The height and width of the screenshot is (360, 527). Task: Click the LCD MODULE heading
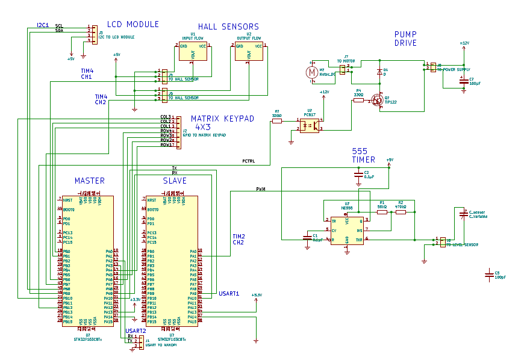coord(133,24)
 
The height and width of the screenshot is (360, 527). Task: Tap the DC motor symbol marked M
coord(311,72)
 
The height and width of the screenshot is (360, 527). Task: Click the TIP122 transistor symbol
coord(378,99)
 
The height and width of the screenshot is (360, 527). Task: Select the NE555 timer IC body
coord(347,229)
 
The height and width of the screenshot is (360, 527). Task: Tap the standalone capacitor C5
coord(488,275)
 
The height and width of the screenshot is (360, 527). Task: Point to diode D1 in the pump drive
coord(379,72)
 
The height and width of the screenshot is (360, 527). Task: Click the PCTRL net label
coord(248,161)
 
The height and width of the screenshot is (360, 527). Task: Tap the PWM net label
coord(261,189)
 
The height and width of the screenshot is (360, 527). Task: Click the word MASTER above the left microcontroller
coord(89,181)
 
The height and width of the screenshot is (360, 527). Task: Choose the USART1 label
coord(229,294)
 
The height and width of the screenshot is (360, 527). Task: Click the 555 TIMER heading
coord(364,155)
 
